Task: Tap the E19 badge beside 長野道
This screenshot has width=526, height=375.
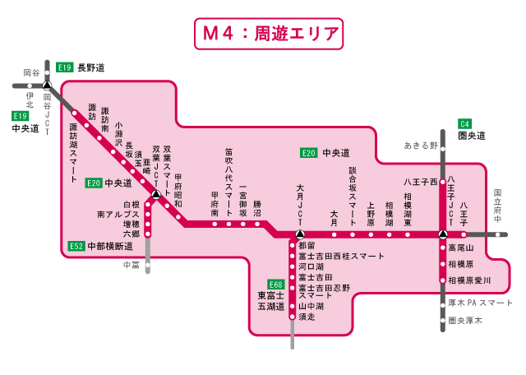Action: [65, 67]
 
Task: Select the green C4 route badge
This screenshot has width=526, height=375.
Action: [466, 123]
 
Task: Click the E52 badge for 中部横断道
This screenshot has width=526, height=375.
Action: [76, 246]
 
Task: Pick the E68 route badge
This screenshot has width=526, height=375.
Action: [275, 284]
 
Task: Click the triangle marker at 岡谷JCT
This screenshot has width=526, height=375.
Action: [47, 85]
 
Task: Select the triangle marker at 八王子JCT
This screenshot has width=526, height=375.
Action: [443, 234]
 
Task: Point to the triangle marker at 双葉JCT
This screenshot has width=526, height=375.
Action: [156, 196]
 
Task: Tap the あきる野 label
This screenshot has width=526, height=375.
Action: [420, 146]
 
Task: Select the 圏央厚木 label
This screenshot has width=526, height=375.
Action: [465, 321]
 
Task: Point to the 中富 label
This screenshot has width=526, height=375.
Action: [131, 265]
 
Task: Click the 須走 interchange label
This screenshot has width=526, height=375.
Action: [307, 316]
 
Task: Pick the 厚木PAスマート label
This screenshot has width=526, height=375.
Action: [480, 303]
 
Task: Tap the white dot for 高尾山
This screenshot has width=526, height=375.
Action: [443, 247]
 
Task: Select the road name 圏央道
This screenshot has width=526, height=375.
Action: [473, 136]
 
